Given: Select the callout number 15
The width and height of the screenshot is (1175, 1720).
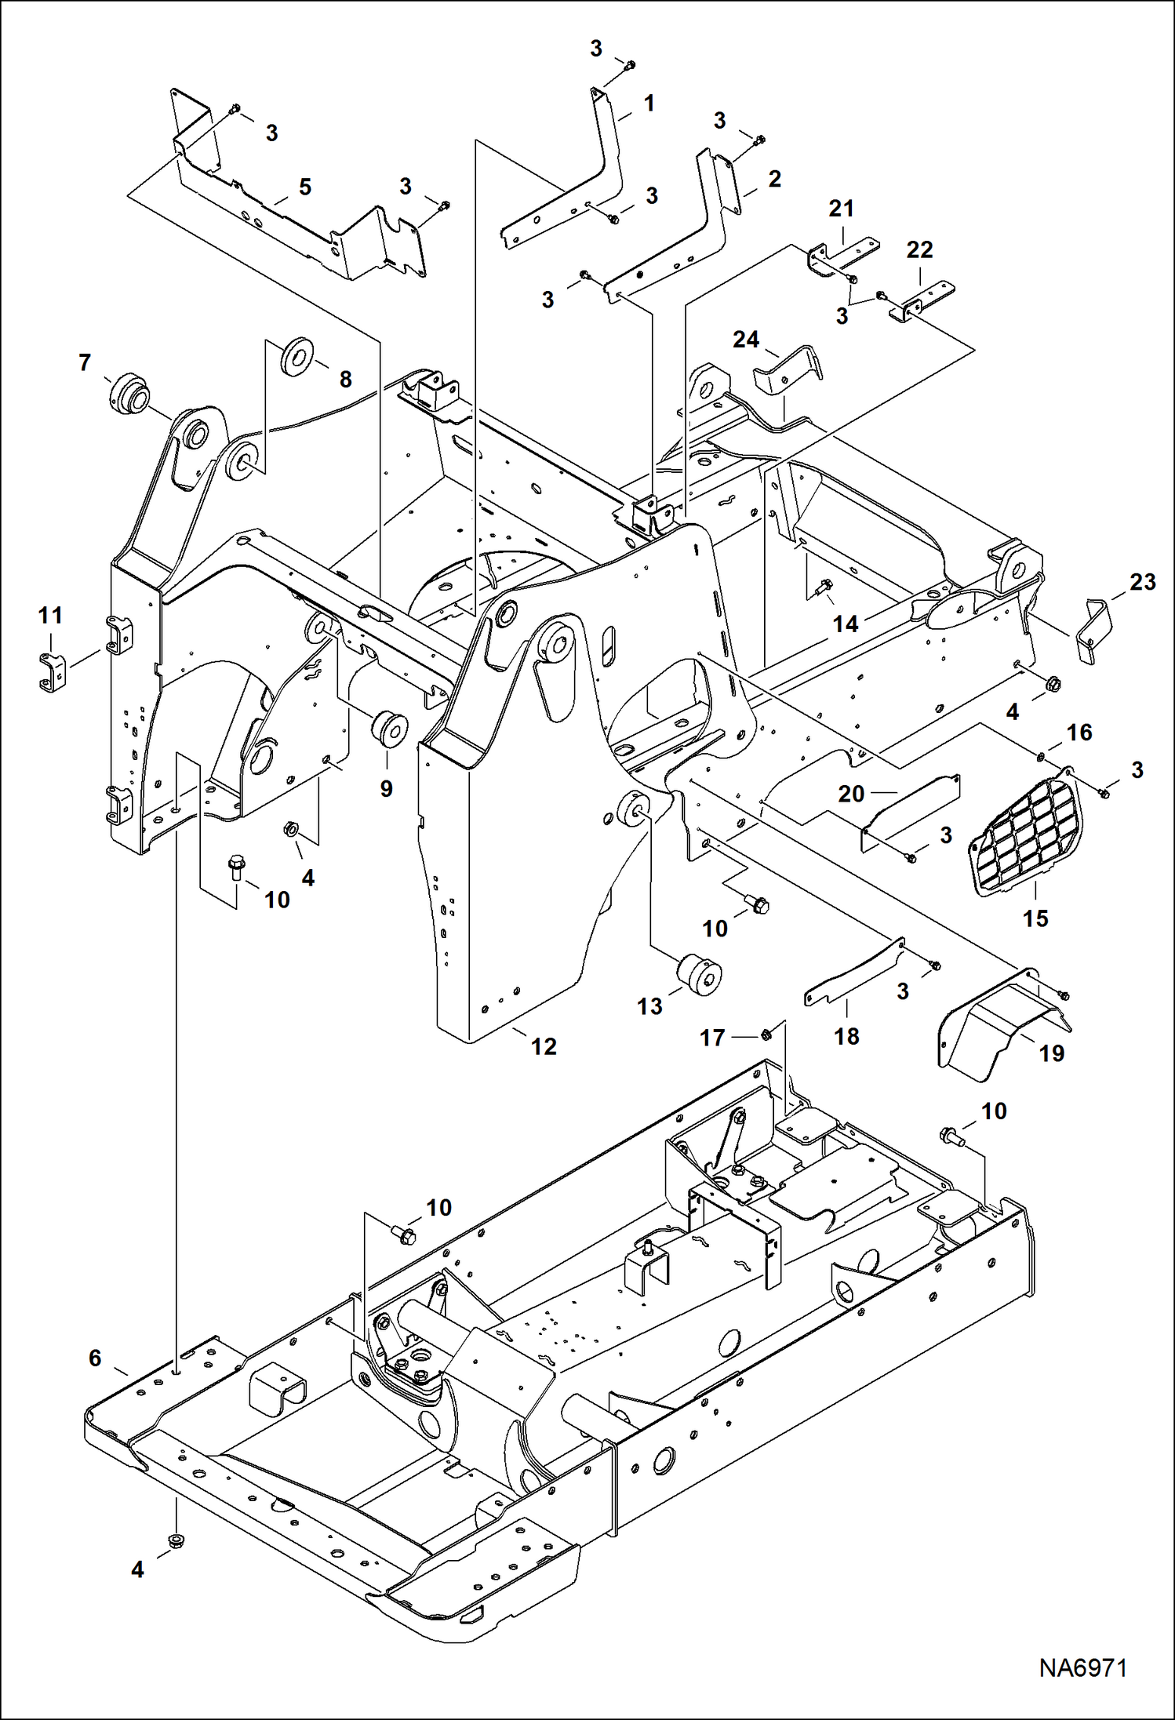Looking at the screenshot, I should pyautogui.click(x=1035, y=918).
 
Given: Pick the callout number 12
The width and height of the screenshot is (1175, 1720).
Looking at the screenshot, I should pyautogui.click(x=543, y=1046).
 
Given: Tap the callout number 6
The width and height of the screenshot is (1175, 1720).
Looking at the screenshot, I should pyautogui.click(x=95, y=1358).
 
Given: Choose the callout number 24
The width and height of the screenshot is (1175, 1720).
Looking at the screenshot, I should pyautogui.click(x=745, y=340).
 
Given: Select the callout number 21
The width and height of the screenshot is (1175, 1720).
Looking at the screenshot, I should pyautogui.click(x=841, y=209).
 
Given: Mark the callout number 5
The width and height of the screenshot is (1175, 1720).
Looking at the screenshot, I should pyautogui.click(x=304, y=187).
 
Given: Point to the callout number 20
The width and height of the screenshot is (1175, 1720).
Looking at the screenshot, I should pyautogui.click(x=850, y=794).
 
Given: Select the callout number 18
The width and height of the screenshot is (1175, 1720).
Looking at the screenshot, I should pyautogui.click(x=846, y=1036).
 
